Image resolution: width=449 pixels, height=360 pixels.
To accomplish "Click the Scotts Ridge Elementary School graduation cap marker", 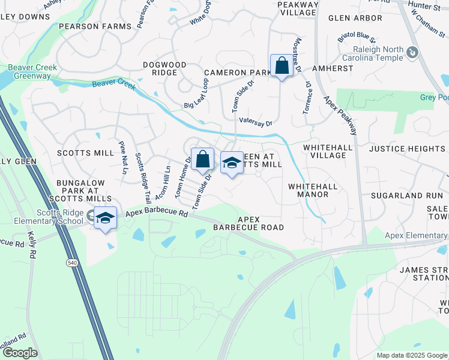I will [105, 217].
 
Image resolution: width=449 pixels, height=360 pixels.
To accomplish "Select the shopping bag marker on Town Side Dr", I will [203, 159].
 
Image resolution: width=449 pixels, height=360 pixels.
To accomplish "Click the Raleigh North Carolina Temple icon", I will [412, 53].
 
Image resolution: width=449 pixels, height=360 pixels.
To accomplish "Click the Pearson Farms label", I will [95, 27].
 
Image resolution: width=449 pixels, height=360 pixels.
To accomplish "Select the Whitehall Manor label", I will [313, 191].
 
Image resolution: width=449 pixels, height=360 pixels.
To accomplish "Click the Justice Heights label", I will [407, 148].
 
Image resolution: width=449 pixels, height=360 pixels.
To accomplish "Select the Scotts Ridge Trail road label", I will [143, 177].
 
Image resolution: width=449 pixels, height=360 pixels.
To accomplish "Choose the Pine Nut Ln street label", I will [124, 157].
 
